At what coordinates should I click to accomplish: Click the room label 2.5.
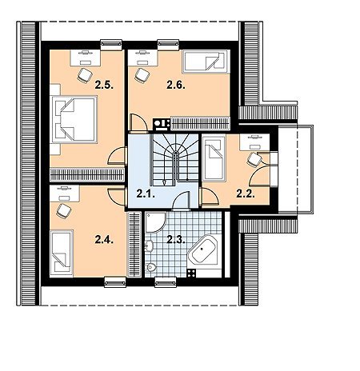105,86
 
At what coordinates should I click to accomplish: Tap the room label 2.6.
176,86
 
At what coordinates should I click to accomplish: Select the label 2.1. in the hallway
146,193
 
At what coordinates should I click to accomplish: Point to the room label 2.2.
246,193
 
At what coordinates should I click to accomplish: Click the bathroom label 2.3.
176,240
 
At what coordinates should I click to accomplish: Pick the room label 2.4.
104,240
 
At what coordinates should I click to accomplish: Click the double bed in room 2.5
74,119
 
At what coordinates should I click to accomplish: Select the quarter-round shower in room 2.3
156,222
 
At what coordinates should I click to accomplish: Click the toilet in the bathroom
151,267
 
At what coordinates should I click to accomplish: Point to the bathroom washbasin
149,245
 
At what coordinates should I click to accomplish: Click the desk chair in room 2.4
64,211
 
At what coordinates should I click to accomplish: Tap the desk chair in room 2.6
142,75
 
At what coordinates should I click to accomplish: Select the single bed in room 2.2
214,158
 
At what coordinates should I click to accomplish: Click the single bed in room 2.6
206,62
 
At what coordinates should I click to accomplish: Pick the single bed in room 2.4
62,253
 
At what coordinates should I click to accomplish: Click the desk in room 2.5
86,58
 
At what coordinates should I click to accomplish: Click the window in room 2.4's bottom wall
115,282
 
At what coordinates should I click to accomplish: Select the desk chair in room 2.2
254,160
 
